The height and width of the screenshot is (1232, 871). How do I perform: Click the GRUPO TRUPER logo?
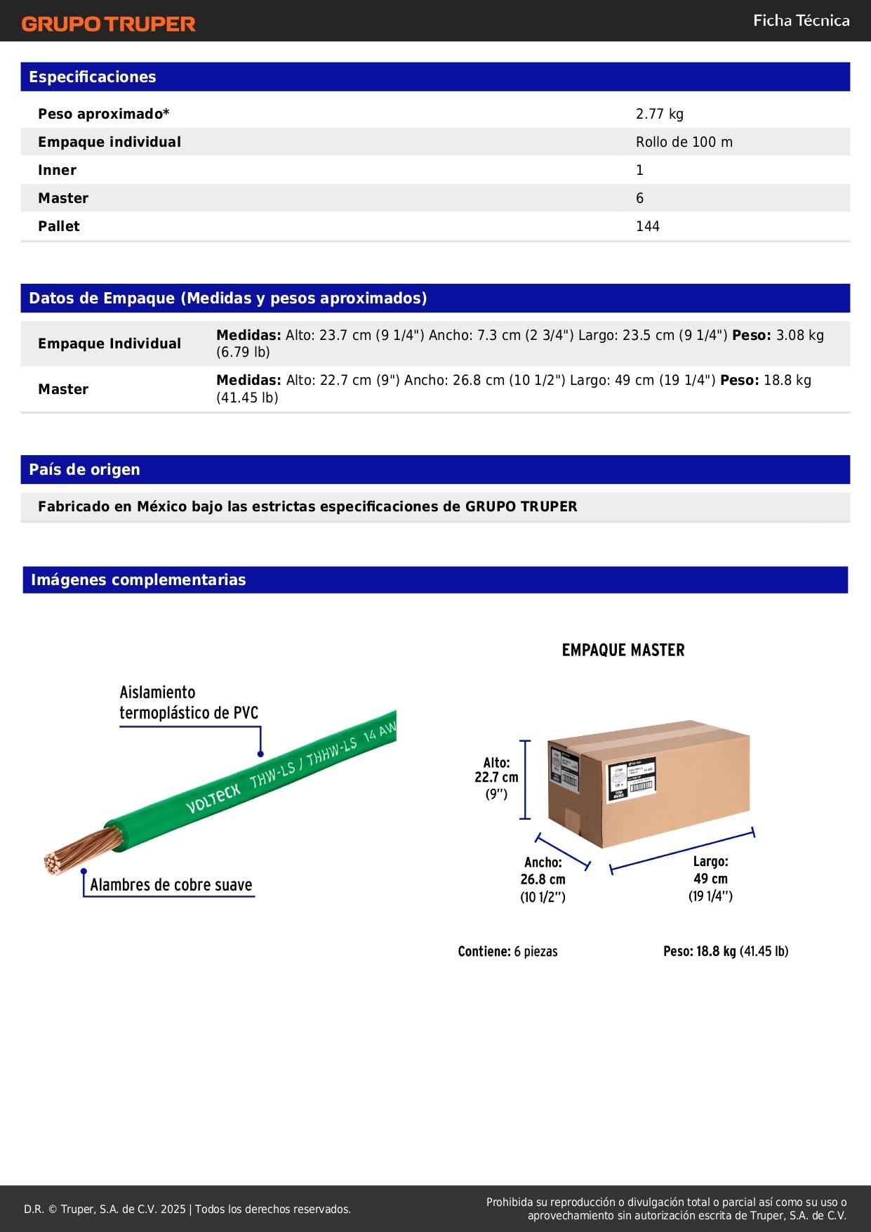tap(108, 24)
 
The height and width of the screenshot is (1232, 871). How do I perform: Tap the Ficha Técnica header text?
tap(801, 20)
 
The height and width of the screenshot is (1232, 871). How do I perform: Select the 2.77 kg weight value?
tap(659, 114)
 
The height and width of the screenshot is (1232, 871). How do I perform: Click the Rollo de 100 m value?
tap(684, 142)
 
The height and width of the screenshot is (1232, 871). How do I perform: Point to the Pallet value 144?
tap(647, 226)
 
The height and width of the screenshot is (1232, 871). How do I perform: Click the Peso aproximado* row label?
tap(103, 114)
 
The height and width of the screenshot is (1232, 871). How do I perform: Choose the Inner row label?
tap(57, 170)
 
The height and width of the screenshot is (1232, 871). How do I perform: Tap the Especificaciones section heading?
tap(92, 77)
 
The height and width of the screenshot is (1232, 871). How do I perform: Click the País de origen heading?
tap(84, 470)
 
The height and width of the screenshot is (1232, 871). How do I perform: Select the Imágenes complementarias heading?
tap(138, 580)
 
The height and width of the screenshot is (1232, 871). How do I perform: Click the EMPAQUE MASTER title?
tap(623, 650)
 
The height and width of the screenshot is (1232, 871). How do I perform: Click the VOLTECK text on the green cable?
tap(213, 798)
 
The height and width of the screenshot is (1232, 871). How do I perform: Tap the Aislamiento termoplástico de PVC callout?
tap(188, 702)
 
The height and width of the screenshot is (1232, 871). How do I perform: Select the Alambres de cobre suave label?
tap(171, 885)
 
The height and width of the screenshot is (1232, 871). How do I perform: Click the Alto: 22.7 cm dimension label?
tap(496, 778)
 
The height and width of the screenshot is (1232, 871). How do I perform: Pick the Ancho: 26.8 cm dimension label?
tap(543, 879)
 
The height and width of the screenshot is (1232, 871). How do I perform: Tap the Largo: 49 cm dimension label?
tap(710, 878)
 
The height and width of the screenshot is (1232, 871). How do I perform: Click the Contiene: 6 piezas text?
tap(507, 952)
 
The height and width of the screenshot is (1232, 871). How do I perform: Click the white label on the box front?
tap(631, 779)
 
